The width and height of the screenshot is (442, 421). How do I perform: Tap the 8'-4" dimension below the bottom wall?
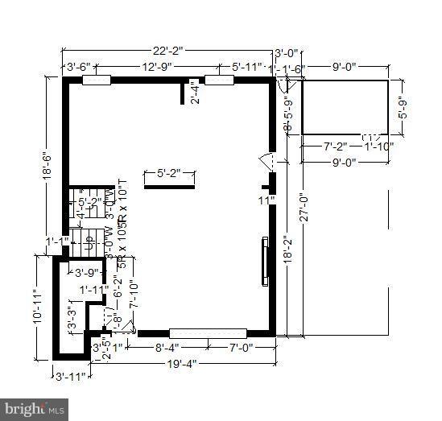[x=171, y=348]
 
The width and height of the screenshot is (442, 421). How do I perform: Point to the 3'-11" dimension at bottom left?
[x=68, y=375]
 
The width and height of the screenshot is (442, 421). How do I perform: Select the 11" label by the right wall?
[x=266, y=200]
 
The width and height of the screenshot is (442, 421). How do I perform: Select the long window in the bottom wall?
[x=208, y=332]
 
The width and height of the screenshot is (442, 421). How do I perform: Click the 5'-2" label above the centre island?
[x=169, y=172]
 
